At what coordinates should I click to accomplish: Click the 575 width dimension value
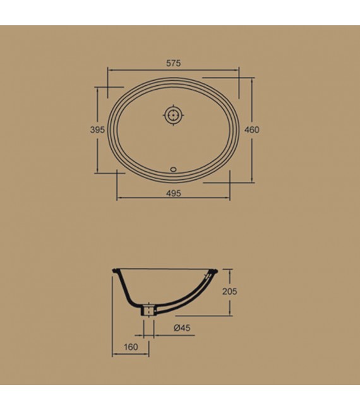tap(174, 63)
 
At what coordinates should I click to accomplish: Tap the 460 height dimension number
tap(252, 129)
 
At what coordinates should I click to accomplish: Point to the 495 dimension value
tap(174, 194)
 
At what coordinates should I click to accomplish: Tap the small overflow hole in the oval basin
tap(173, 169)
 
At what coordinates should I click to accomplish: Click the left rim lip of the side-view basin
tap(114, 273)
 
